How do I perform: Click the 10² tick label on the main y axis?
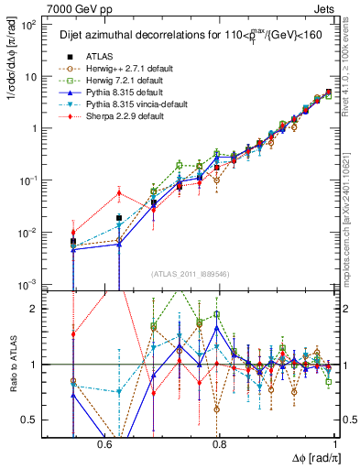pyautogui.click(x=28, y=23)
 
